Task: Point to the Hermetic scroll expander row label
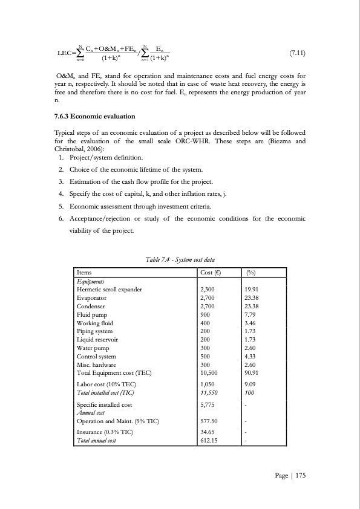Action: [x=109, y=290]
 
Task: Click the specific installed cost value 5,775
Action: [x=208, y=403]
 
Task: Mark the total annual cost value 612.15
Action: [x=209, y=441]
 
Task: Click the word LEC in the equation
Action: [x=65, y=53]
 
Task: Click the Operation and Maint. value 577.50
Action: [x=209, y=421]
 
